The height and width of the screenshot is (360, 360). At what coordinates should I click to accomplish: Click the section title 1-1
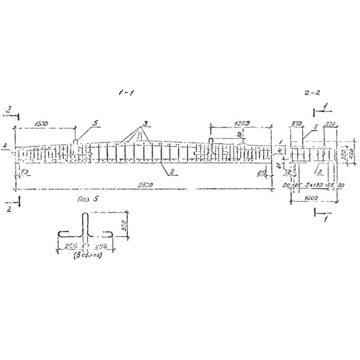tap(125, 93)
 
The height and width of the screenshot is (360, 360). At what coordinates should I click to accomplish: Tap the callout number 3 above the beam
tap(144, 123)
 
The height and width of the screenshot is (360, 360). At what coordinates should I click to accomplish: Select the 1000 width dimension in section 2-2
tap(310, 198)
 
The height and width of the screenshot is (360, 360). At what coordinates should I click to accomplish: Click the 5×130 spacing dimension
tap(314, 185)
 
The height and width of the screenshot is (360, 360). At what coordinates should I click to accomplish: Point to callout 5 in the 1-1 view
tap(95, 122)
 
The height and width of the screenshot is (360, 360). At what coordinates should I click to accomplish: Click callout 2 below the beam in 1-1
tap(172, 171)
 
